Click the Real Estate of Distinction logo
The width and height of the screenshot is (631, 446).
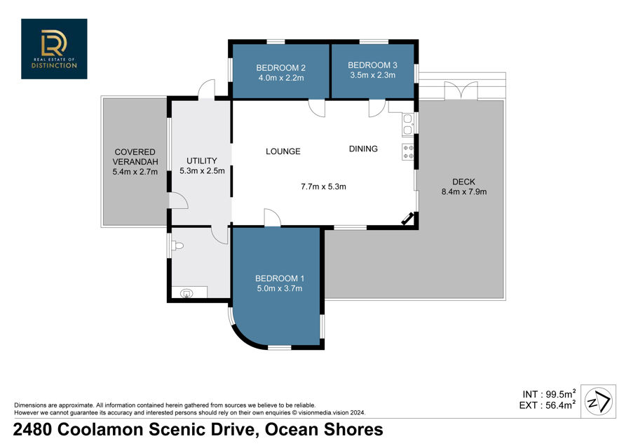(54, 48)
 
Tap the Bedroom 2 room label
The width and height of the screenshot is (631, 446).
(281, 67)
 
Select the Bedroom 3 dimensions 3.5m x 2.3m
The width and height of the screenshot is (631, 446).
(373, 75)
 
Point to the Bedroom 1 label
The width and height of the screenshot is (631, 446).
(280, 278)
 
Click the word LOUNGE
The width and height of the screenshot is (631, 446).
(283, 151)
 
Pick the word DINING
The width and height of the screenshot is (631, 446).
(363, 149)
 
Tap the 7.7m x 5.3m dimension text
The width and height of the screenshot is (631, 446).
(323, 187)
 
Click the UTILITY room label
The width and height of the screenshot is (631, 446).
(202, 161)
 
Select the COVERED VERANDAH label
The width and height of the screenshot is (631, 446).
(135, 157)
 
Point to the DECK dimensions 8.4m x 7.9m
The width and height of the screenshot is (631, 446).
(464, 192)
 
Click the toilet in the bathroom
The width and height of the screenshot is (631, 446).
(177, 245)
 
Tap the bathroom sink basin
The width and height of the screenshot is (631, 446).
(186, 293)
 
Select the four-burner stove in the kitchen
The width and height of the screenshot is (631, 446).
(408, 151)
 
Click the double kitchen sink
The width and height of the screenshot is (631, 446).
(407, 124)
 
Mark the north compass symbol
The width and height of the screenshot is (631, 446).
(599, 402)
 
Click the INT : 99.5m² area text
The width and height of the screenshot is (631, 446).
(549, 394)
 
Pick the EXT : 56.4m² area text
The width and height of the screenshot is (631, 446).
(548, 405)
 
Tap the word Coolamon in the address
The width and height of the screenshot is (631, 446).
(100, 429)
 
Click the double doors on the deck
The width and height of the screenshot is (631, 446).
(461, 90)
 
